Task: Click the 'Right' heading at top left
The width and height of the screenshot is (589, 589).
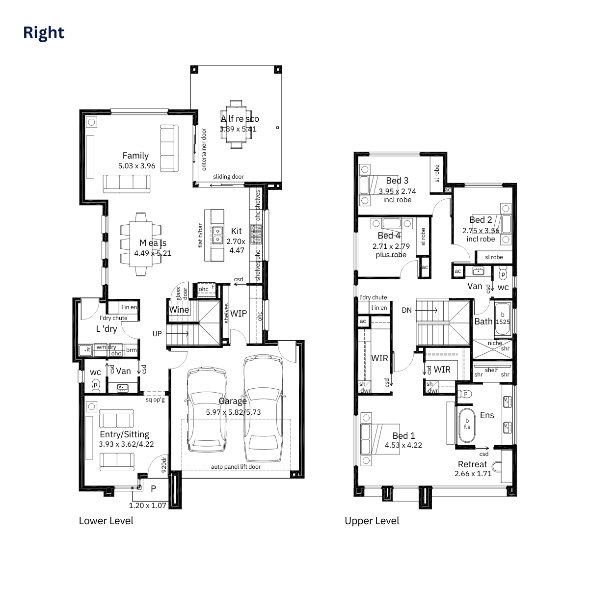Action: tap(44, 33)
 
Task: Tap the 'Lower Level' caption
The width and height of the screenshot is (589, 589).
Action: tap(106, 521)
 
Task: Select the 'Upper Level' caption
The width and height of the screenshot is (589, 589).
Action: tap(372, 521)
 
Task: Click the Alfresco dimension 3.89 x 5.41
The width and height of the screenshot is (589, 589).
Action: tap(238, 129)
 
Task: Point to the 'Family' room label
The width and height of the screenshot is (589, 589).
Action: tap(135, 156)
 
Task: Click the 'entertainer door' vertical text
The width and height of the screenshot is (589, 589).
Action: tap(204, 150)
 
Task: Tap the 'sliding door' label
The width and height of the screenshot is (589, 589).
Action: tap(228, 177)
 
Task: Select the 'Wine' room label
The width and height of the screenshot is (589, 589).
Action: tap(179, 310)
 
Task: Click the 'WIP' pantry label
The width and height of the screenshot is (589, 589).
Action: tap(239, 313)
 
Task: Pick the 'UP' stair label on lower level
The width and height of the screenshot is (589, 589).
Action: tap(157, 334)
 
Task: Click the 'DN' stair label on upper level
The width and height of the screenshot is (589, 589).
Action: tap(407, 310)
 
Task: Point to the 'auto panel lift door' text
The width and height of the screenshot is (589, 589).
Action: tap(236, 467)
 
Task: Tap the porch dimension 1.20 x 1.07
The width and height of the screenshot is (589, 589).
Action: tap(148, 505)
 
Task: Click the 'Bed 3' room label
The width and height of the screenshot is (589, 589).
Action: tap(397, 181)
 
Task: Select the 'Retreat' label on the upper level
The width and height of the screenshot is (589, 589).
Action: tap(473, 464)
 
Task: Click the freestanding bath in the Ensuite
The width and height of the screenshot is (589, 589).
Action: tap(467, 424)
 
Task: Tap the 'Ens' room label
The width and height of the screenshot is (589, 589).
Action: tap(487, 415)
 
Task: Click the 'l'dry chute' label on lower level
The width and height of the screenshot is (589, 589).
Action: tap(113, 318)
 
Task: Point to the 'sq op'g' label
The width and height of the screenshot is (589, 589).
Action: tap(155, 400)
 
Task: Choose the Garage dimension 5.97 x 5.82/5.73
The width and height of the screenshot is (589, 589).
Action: tap(233, 412)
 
